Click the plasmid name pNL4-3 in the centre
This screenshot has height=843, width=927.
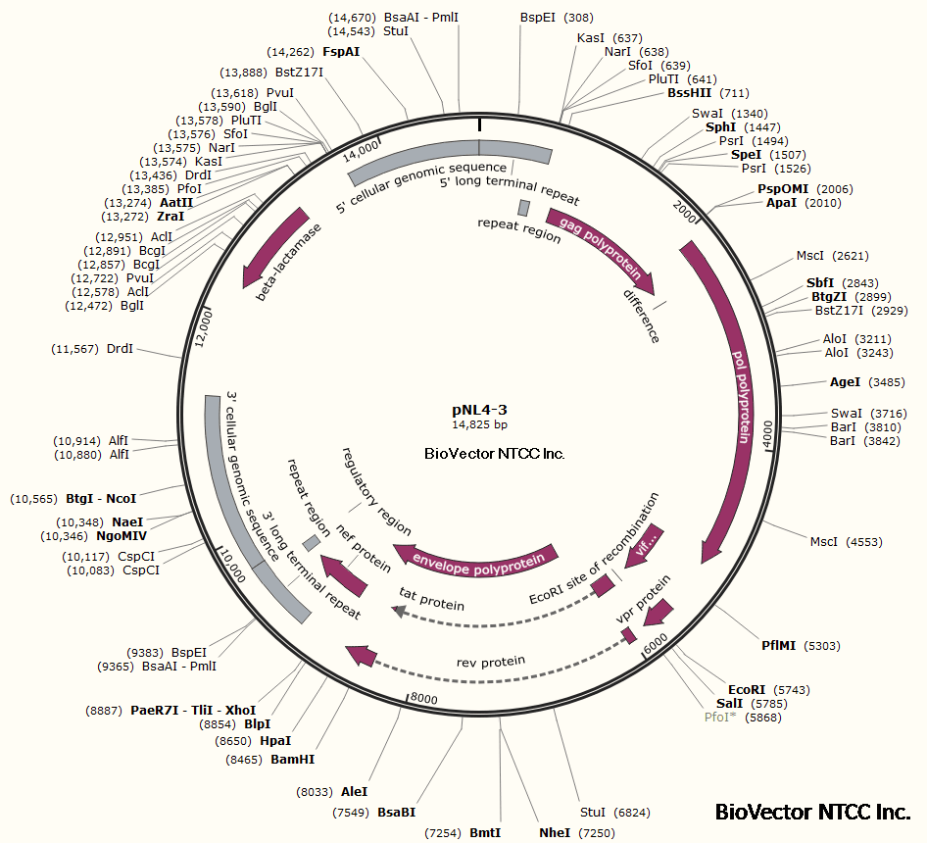pyautogui.click(x=479, y=409)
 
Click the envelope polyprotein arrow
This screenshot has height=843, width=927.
pyautogui.click(x=477, y=559)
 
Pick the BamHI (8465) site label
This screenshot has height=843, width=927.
pyautogui.click(x=293, y=759)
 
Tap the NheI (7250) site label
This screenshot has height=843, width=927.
pyautogui.click(x=555, y=832)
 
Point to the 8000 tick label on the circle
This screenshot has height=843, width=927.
pyautogui.click(x=422, y=698)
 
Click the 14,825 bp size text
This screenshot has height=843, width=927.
pyautogui.click(x=479, y=424)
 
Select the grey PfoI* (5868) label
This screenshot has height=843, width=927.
pyautogui.click(x=725, y=717)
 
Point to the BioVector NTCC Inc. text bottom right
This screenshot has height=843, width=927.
pyautogui.click(x=812, y=812)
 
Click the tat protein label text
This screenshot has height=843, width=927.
pyautogui.click(x=431, y=599)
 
